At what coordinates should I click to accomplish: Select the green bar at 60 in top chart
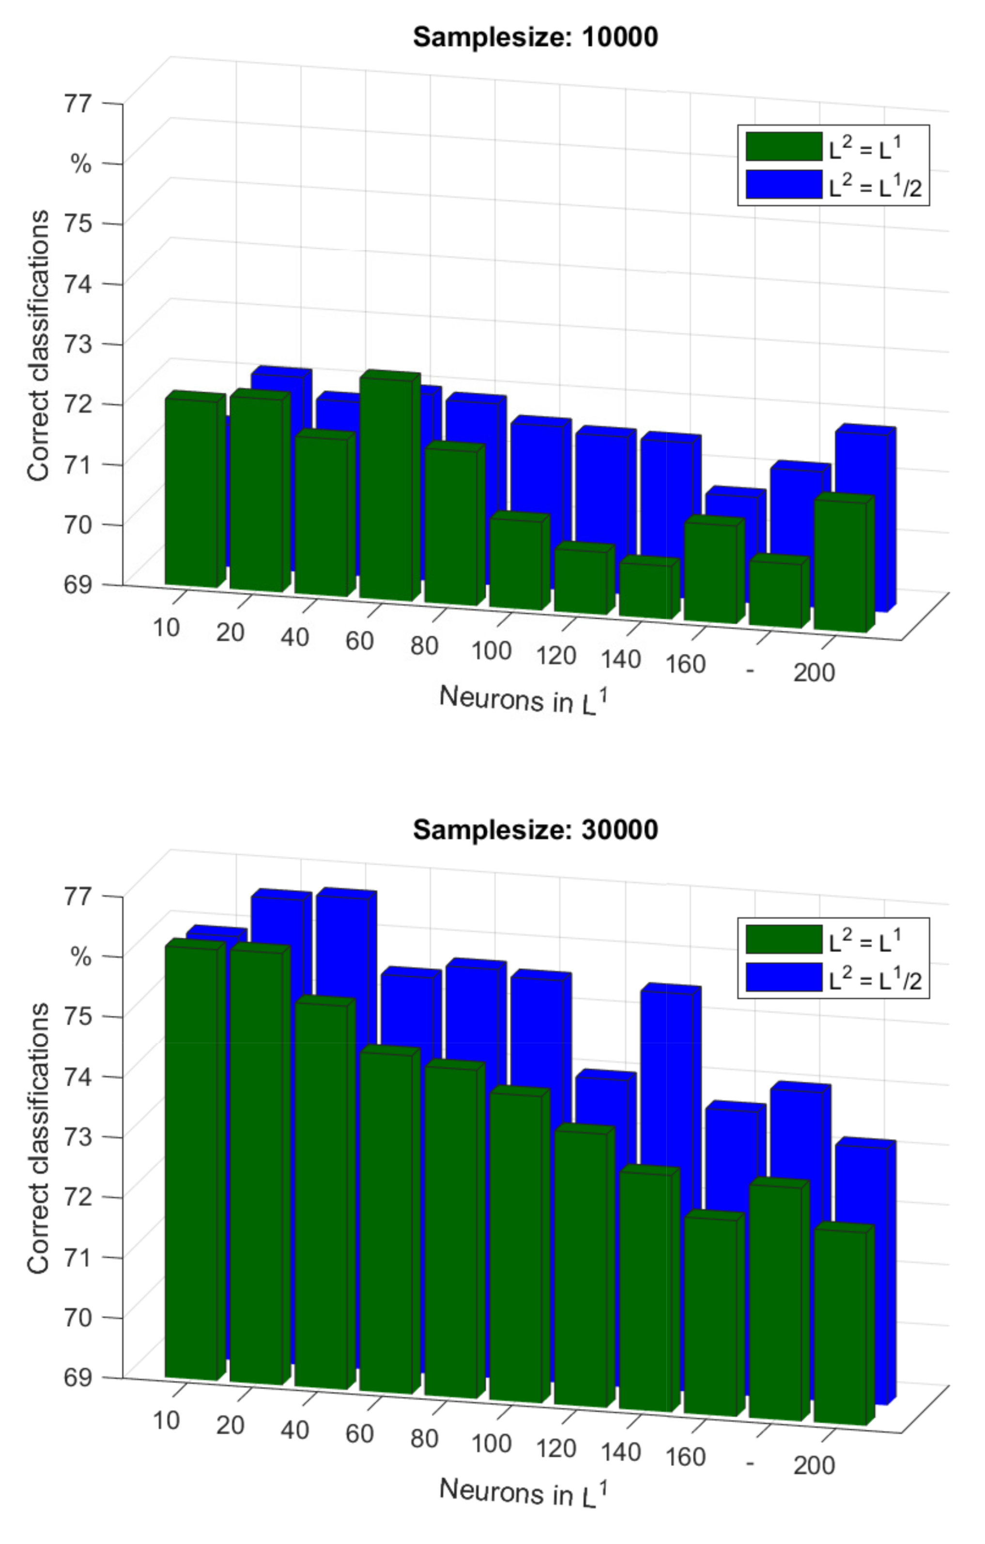pyautogui.click(x=385, y=487)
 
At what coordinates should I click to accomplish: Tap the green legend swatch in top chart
pyautogui.click(x=783, y=146)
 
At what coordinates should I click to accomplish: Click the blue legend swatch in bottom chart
pyautogui.click(x=783, y=977)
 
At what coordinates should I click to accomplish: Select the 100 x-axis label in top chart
pyautogui.click(x=491, y=650)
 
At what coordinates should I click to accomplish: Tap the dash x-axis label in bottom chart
pyautogui.click(x=750, y=1463)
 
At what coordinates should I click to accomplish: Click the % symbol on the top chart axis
pyautogui.click(x=80, y=164)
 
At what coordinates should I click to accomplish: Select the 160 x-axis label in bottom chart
pyautogui.click(x=685, y=1457)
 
